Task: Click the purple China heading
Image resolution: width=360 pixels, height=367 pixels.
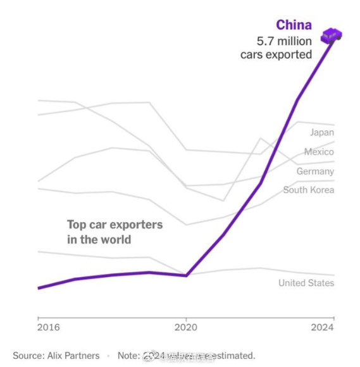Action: (294, 25)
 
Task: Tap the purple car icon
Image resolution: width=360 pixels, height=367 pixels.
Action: (332, 36)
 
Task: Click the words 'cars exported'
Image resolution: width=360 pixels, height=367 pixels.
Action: (276, 55)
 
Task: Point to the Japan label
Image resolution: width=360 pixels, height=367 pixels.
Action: (322, 132)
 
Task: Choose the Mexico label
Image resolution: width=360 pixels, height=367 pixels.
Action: (319, 152)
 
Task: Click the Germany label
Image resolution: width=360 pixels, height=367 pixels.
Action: (315, 171)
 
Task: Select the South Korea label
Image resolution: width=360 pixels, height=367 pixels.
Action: (309, 190)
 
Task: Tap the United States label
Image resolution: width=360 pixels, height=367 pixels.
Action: (306, 283)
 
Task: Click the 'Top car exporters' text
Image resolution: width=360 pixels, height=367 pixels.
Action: (115, 225)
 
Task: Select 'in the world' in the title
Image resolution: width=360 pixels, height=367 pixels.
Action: (99, 240)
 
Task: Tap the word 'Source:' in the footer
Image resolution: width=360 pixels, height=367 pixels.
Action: (28, 356)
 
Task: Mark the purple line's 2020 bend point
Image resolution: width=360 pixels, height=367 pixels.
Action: (186, 275)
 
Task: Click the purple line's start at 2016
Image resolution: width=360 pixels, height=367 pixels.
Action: (38, 288)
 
